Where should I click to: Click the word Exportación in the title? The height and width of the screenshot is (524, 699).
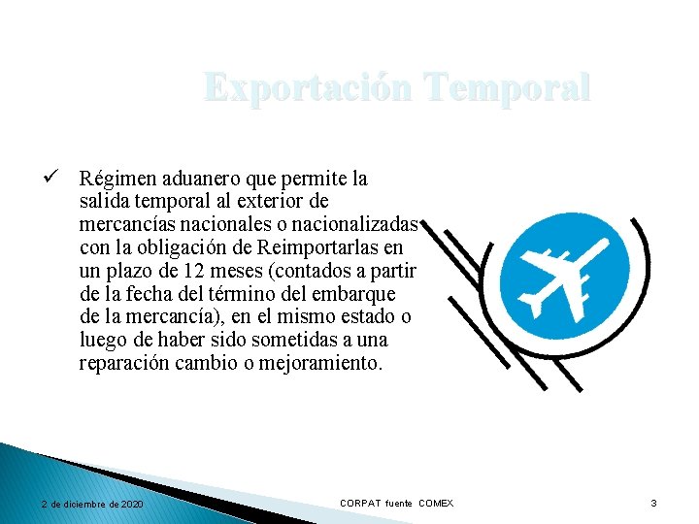click(306, 88)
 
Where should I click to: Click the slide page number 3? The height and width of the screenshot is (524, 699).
click(653, 503)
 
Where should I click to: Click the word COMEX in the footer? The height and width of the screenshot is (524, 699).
click(436, 503)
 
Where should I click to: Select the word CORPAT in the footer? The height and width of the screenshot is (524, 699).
click(360, 503)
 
